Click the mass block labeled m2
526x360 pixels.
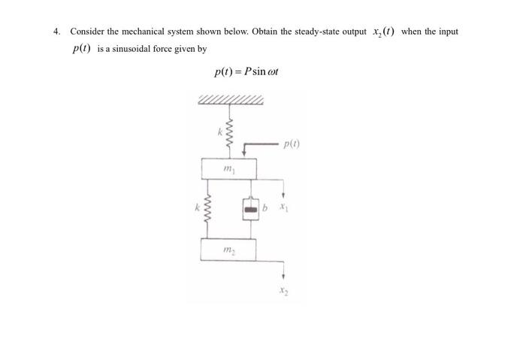pyautogui.click(x=228, y=249)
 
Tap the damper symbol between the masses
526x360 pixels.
pyautogui.click(x=250, y=207)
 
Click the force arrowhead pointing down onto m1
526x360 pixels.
pyautogui.click(x=243, y=154)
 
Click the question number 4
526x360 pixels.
pyautogui.click(x=56, y=32)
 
